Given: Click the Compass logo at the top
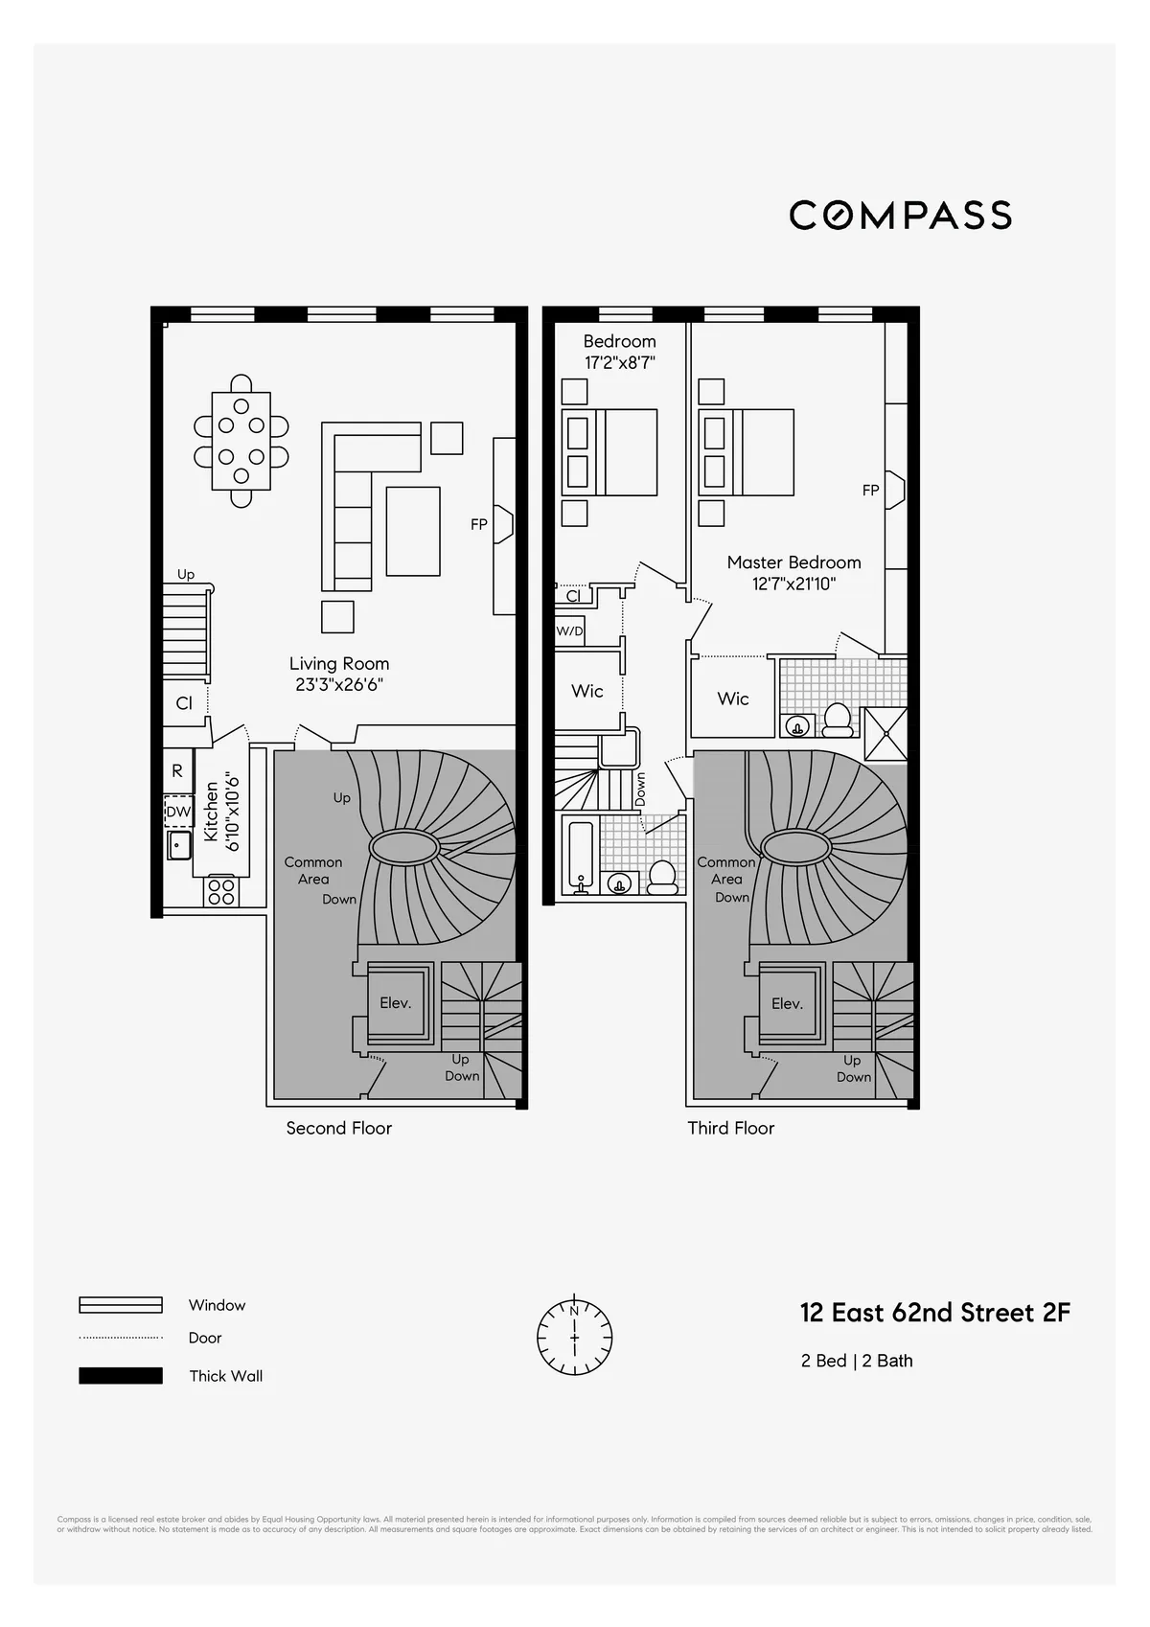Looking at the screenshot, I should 900,215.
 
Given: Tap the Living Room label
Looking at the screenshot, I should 339,663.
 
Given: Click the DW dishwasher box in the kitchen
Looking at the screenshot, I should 179,812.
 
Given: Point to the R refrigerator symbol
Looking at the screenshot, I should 177,770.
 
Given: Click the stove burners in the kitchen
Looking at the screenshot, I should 221,891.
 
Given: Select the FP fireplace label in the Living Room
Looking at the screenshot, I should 478,524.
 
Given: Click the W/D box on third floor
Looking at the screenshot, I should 569,631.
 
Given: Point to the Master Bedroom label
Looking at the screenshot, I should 793,562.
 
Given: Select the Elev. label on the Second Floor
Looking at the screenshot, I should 395,1003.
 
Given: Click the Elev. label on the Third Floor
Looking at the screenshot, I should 787,1003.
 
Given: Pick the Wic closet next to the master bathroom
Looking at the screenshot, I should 733,699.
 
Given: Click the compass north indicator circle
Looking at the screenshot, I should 574,1337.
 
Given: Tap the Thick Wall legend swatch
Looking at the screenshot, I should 121,1376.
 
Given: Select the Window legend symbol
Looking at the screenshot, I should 121,1305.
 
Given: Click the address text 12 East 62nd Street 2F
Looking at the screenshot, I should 934,1313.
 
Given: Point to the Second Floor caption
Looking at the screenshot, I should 339,1128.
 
